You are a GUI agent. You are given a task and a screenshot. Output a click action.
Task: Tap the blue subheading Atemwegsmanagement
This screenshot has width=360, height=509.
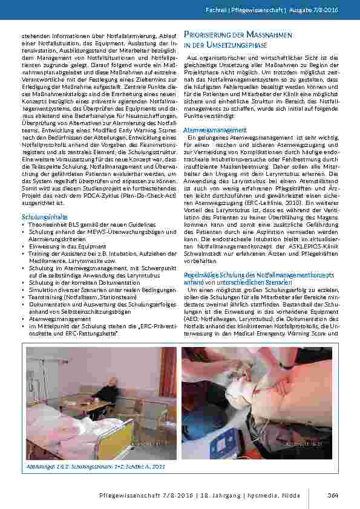(x=206, y=130)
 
